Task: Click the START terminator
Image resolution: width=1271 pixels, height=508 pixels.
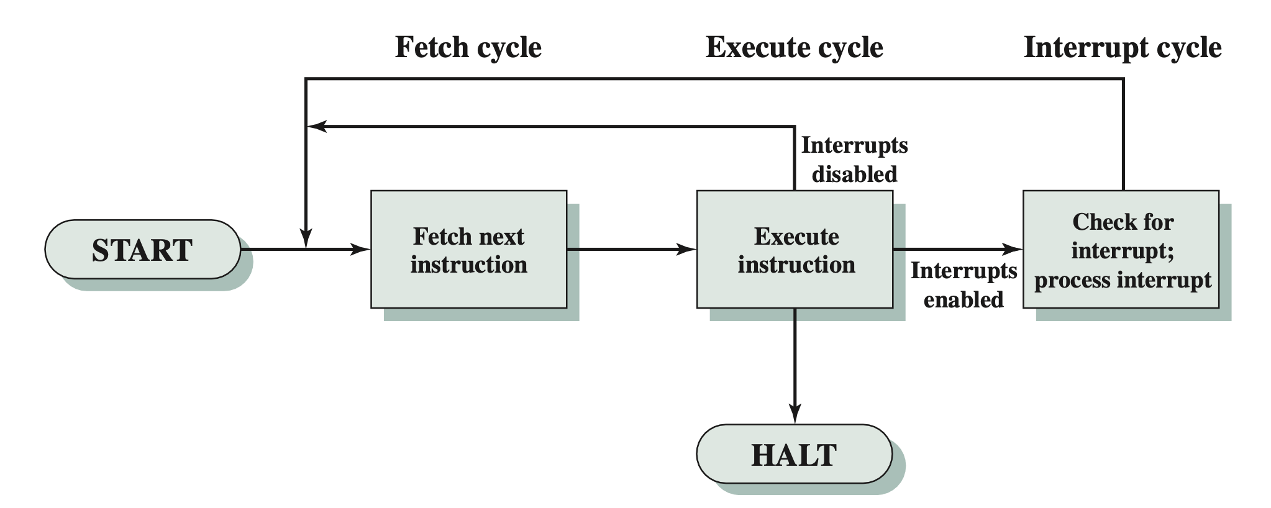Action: pyautogui.click(x=142, y=250)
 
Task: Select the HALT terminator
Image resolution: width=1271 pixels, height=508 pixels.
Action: pyautogui.click(x=794, y=454)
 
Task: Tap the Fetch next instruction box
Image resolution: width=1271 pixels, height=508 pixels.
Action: pyautogui.click(x=468, y=250)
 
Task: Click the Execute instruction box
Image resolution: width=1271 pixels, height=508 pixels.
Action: pyautogui.click(x=795, y=250)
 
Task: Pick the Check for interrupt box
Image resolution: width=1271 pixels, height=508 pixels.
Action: pyautogui.click(x=1121, y=250)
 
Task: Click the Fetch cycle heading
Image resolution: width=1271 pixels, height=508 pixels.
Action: pyautogui.click(x=468, y=47)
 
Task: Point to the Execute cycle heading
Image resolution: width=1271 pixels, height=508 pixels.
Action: pyautogui.click(x=794, y=47)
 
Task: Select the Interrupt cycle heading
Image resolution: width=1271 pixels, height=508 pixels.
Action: pyautogui.click(x=1123, y=47)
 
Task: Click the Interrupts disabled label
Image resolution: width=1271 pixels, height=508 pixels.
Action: pyautogui.click(x=854, y=160)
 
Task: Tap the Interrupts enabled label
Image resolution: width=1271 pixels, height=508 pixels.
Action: pyautogui.click(x=963, y=285)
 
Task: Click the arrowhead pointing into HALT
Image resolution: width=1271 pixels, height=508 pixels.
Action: pyautogui.click(x=795, y=414)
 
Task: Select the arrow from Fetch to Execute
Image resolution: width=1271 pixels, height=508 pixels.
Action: pyautogui.click(x=631, y=250)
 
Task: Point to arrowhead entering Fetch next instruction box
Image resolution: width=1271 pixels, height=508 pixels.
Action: pyautogui.click(x=360, y=250)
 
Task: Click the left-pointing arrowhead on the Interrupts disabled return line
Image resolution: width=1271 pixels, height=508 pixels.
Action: pyautogui.click(x=318, y=127)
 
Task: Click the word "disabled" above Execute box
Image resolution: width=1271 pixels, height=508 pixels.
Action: pyautogui.click(x=854, y=175)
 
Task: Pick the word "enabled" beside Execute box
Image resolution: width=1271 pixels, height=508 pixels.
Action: pyautogui.click(x=963, y=300)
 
